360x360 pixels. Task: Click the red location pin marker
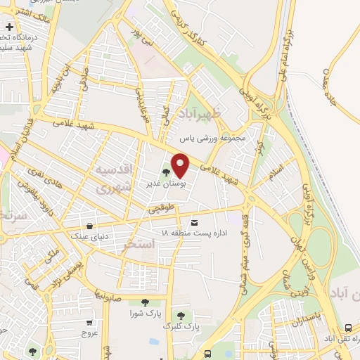tap(181, 165)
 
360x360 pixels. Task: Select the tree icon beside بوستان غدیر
tap(167, 170)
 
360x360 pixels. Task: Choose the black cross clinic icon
tap(8, 27)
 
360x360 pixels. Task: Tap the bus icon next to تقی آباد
tap(349, 328)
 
